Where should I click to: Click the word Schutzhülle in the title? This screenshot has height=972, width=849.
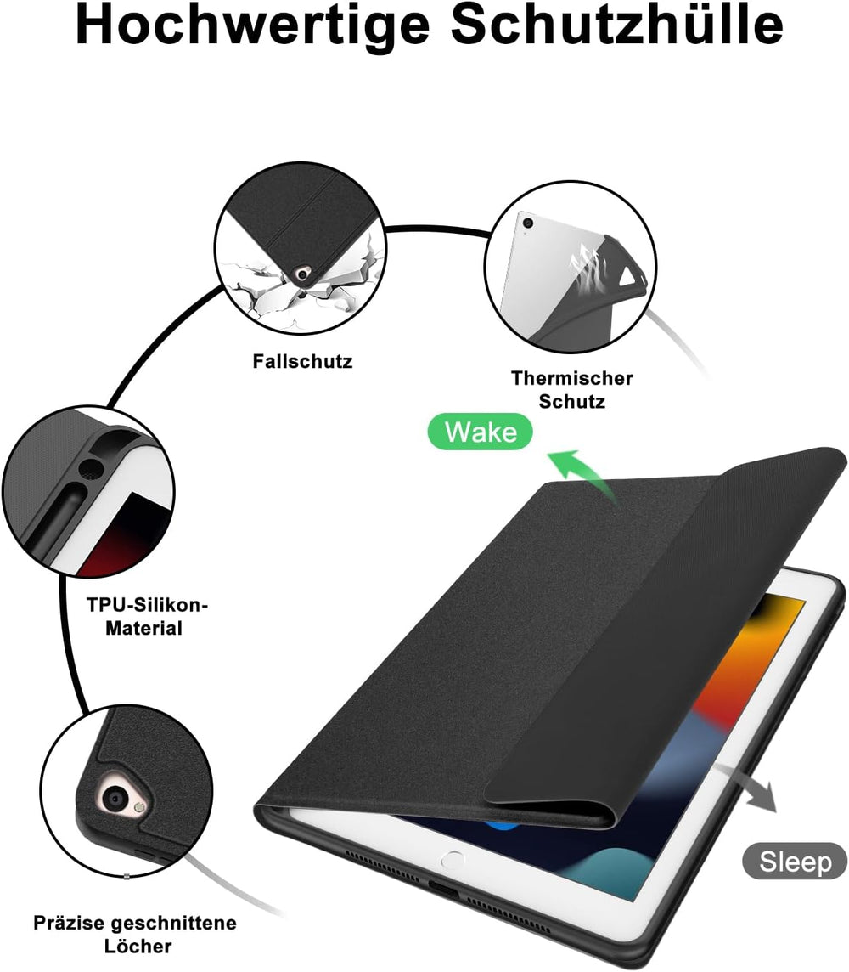[x=616, y=24]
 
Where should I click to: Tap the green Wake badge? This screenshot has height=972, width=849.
[x=481, y=432]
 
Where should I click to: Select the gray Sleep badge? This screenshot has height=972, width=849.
[x=796, y=861]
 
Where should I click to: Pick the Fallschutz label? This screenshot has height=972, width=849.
[x=302, y=361]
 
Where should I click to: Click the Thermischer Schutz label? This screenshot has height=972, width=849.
[x=571, y=390]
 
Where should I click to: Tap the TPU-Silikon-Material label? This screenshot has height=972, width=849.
[x=147, y=616]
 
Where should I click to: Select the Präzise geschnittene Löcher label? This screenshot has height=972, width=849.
[x=135, y=934]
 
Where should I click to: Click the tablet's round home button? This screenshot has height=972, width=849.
[x=452, y=860]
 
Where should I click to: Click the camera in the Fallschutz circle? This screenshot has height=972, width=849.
[x=303, y=274]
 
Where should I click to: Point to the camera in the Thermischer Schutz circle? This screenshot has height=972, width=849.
[x=527, y=223]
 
